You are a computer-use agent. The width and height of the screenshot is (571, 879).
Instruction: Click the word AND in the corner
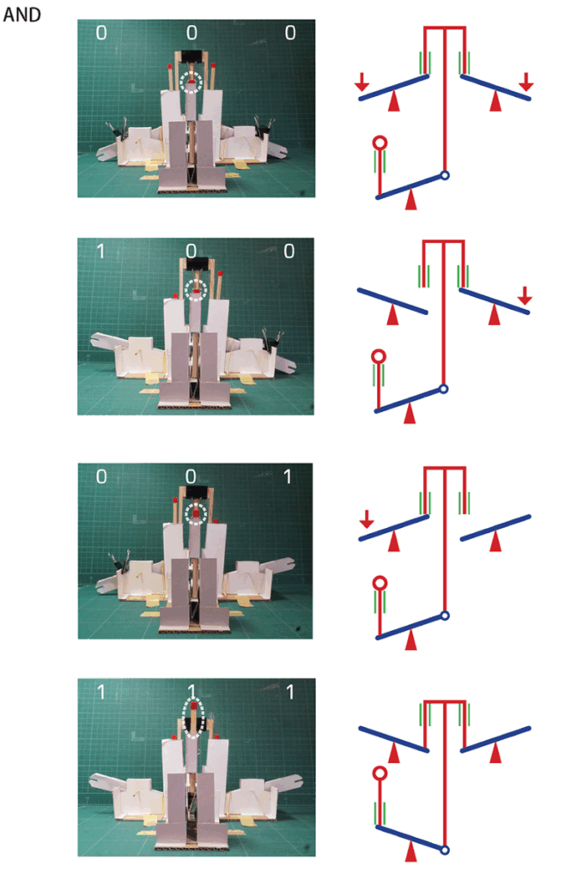point(22,14)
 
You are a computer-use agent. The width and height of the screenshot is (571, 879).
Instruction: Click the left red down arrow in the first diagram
point(361,82)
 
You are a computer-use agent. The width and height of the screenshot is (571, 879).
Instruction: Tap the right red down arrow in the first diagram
point(526,82)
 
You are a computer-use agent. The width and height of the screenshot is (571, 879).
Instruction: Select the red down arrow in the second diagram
point(525,295)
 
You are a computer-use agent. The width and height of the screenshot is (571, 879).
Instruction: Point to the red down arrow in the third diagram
point(367,519)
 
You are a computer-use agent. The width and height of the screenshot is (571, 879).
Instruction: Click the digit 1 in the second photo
point(100,251)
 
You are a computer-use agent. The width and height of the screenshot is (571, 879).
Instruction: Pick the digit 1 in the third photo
point(287,476)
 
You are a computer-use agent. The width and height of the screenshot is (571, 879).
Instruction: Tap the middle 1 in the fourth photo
point(191,691)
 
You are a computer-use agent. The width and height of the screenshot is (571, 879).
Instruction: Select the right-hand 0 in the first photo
point(290,33)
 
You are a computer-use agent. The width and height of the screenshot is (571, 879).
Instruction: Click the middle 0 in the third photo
point(191,476)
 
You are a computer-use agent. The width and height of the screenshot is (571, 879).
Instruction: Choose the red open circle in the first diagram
point(380,143)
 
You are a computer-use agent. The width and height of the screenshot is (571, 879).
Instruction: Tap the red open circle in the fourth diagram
point(380,773)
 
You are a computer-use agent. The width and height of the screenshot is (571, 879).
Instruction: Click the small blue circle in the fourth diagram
point(444,850)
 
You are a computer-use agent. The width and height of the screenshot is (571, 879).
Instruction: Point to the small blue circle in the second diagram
point(443,389)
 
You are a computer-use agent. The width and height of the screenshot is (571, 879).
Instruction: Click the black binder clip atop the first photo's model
point(191,56)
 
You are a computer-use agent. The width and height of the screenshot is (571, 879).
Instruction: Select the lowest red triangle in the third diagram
point(411,640)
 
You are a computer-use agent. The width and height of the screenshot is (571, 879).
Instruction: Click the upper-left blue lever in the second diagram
point(392,301)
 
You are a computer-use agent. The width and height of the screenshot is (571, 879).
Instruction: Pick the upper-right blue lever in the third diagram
point(495,528)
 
